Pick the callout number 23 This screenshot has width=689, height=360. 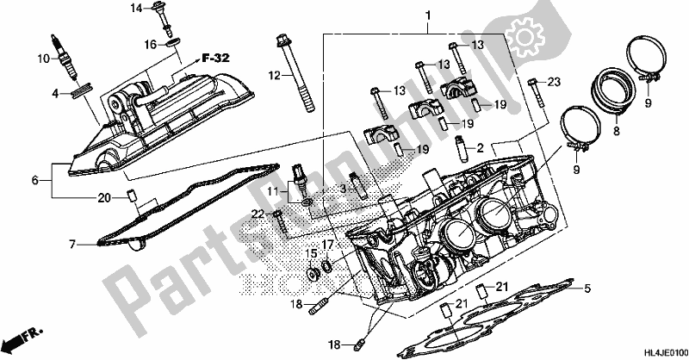(555, 82)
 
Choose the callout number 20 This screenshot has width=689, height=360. (103, 197)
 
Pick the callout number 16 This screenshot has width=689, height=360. (150, 42)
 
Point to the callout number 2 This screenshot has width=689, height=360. (481, 147)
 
